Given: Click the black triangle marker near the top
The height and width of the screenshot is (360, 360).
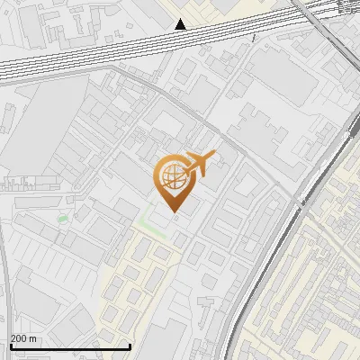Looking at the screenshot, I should pos(181,24).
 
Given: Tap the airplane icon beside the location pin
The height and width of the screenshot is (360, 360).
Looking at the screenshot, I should pos(198,165).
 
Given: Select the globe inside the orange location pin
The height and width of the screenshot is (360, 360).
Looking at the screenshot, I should pos(171,175).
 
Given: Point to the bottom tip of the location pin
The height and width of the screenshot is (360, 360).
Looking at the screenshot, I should pos(175,213).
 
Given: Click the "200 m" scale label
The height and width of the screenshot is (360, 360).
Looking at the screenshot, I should pos(23,338).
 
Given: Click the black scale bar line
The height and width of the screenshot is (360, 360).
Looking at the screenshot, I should pos(70,346).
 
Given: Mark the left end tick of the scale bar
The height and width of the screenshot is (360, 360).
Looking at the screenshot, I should pos(10,345).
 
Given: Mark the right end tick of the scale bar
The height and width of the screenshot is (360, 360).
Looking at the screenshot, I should pos(130,345).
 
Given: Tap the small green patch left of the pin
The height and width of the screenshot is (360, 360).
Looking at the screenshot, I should pos(62,218).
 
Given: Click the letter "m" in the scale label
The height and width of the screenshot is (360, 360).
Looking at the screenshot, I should pos(33,338).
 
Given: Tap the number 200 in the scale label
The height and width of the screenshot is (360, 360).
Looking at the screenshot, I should pos(19,338).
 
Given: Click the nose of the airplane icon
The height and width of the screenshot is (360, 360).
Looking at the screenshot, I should pos(213,157).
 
